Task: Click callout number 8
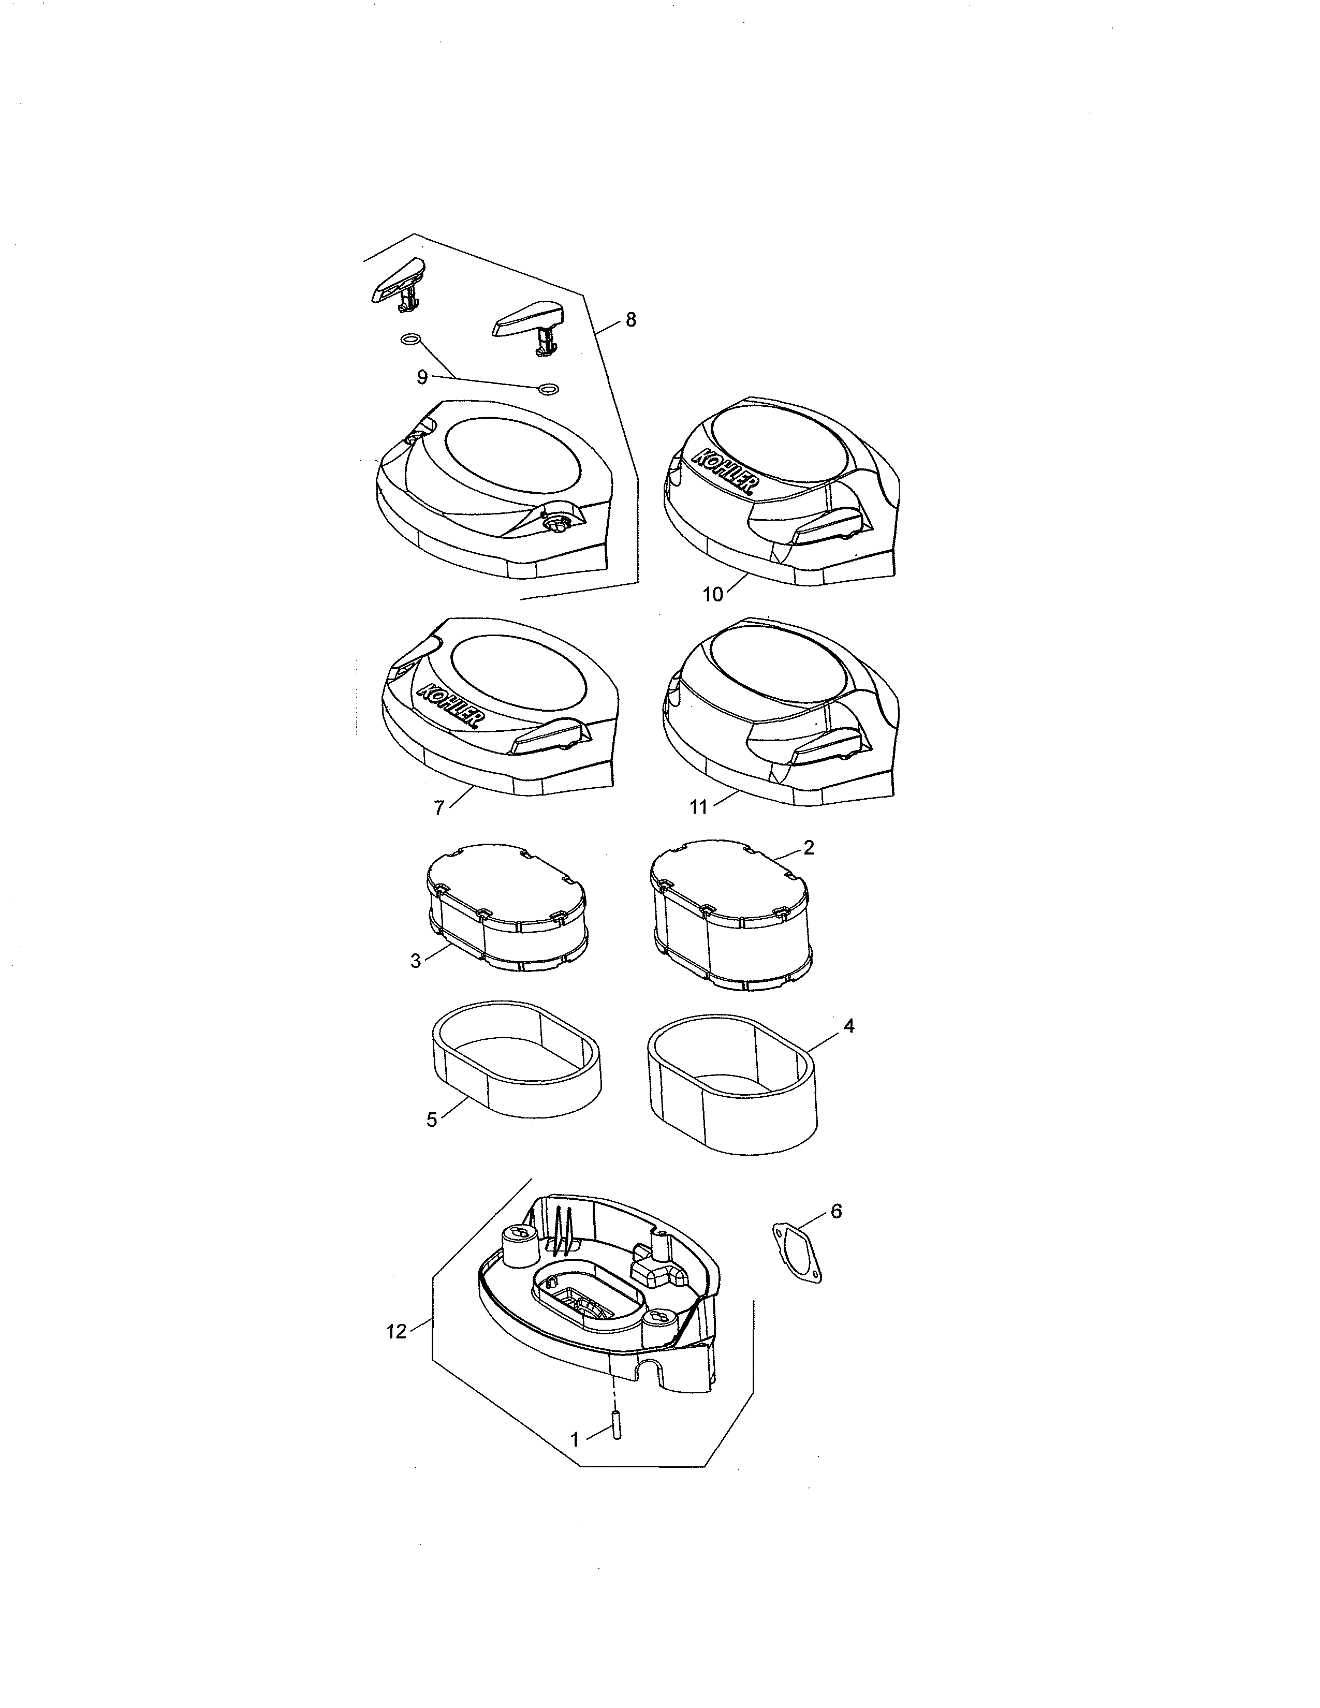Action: (x=630, y=320)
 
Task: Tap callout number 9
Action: (x=422, y=378)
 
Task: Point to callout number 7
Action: (x=439, y=808)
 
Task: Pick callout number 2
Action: (x=809, y=848)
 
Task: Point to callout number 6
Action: (x=836, y=1212)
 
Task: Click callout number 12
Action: (x=397, y=1331)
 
